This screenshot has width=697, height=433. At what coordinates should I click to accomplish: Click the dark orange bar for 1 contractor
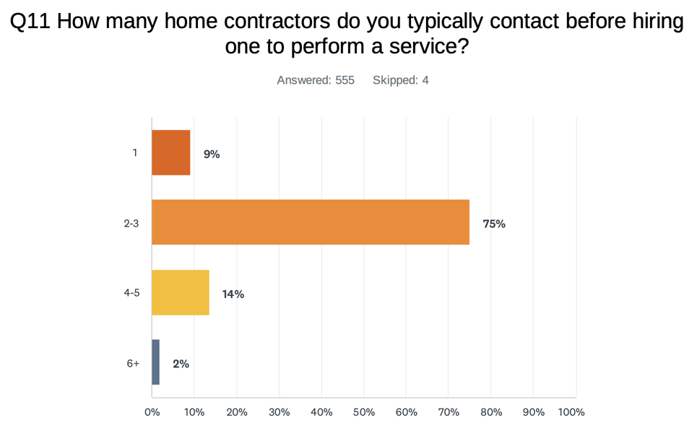(171, 153)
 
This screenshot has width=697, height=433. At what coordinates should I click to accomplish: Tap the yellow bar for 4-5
(181, 293)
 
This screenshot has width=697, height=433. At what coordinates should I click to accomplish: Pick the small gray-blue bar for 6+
(156, 362)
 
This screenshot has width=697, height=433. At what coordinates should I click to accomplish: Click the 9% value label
(211, 154)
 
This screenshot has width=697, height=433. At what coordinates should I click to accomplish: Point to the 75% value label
(494, 224)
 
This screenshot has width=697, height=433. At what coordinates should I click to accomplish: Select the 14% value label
(233, 294)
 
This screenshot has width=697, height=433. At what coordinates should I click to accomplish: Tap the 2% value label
(181, 364)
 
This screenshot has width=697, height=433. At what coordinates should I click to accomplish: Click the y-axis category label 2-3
(131, 224)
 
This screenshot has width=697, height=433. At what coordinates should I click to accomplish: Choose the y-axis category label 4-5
(131, 294)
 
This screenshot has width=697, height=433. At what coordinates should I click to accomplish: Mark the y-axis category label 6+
(133, 364)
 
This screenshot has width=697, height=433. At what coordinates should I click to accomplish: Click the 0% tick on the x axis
(152, 412)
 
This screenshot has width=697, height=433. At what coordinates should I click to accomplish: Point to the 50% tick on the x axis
(364, 412)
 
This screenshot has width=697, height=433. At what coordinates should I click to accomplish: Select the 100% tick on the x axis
(571, 412)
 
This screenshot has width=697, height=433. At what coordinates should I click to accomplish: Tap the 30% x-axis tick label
(279, 412)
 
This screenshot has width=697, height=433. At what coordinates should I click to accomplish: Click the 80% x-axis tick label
(490, 412)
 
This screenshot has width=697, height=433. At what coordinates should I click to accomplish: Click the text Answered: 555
(316, 80)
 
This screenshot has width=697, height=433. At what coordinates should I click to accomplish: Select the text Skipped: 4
(401, 80)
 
